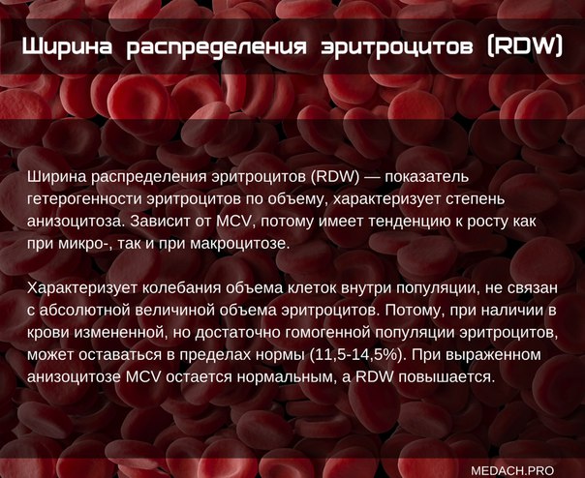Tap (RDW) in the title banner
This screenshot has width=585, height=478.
(x=525, y=47)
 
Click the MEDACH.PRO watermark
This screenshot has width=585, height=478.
(x=512, y=470)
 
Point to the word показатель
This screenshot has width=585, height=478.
(x=426, y=176)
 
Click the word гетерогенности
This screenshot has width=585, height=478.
(x=84, y=199)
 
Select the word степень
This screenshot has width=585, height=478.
(x=475, y=199)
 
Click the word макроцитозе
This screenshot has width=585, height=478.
(x=240, y=244)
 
